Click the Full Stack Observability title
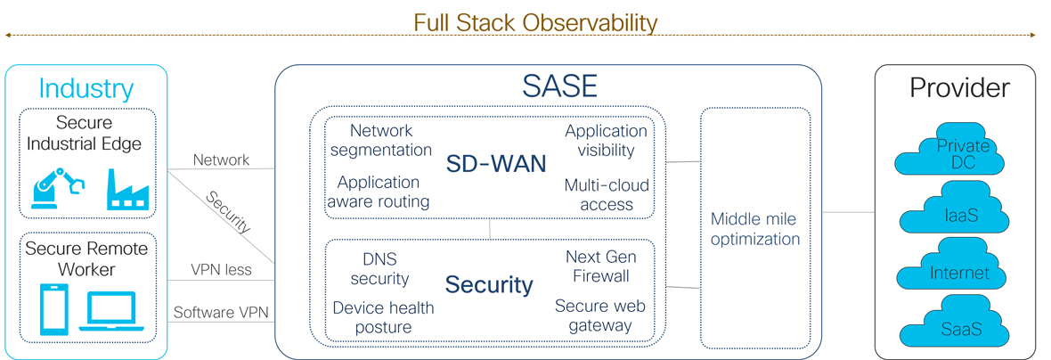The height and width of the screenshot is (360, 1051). [x=534, y=21]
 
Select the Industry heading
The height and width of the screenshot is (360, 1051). [x=86, y=88]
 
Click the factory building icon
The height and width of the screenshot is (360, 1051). [x=126, y=190]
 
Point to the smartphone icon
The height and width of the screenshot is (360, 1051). [x=54, y=308]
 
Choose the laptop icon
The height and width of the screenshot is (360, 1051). [x=111, y=311]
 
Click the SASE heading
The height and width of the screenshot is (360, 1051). [x=559, y=86]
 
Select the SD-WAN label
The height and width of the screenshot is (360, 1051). [x=496, y=164]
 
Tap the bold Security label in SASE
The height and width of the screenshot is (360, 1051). [x=489, y=284]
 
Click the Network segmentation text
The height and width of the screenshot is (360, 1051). [x=381, y=140]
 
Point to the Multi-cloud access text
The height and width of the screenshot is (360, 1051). [x=607, y=195]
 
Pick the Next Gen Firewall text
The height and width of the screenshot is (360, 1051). [x=601, y=266]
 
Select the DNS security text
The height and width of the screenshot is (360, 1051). [x=379, y=268]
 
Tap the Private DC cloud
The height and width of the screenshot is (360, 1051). [x=949, y=154]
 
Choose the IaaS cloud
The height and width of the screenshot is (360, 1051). [x=953, y=214]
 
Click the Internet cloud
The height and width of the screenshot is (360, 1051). [x=953, y=272]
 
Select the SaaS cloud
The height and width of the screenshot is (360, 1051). [x=953, y=329]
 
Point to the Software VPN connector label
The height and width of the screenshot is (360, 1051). [x=221, y=313]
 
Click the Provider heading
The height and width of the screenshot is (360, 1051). [x=959, y=87]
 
